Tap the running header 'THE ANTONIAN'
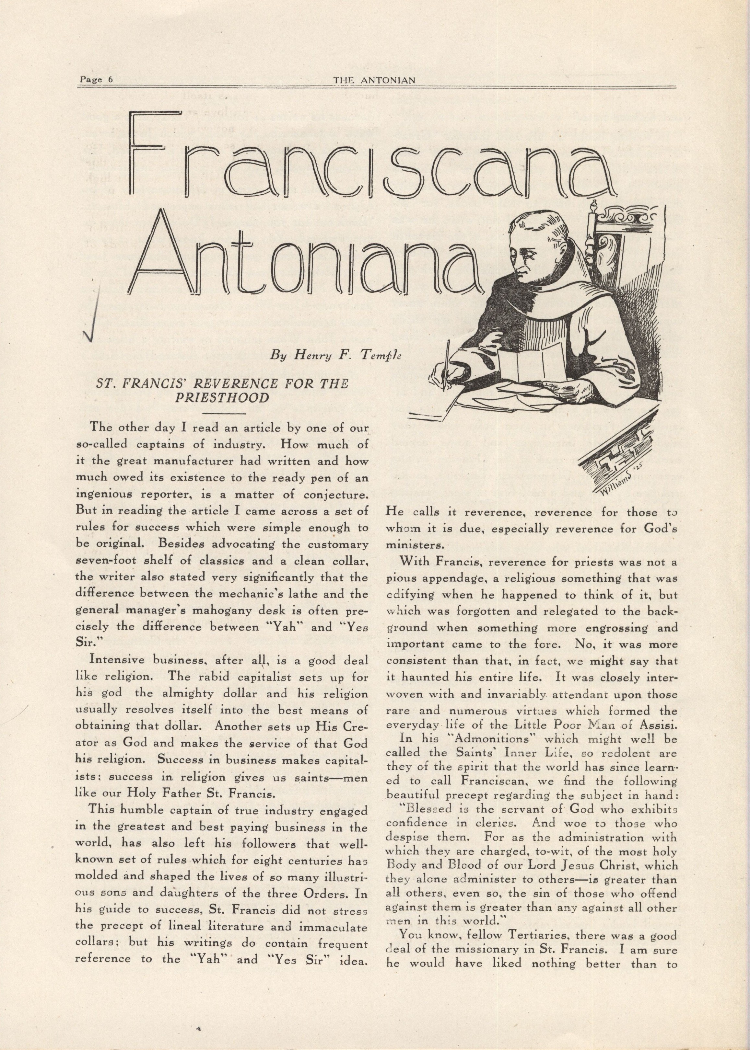click(x=374, y=80)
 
